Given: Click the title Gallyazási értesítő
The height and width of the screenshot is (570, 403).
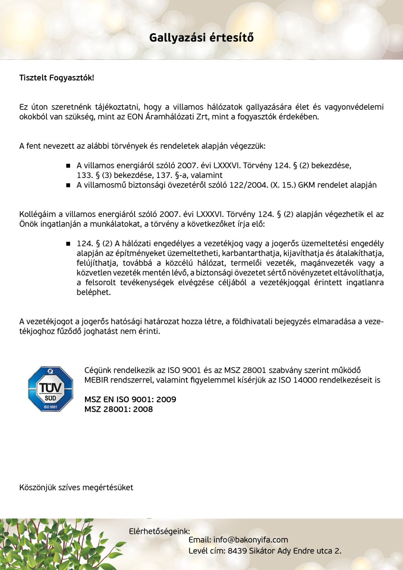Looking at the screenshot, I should (201, 38).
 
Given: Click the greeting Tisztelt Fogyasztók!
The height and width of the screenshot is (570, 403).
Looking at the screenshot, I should (57, 78).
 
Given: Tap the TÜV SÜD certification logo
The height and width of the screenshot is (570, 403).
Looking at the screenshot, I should (50, 389).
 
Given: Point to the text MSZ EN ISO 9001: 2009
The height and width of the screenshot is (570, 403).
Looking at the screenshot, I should (130, 400).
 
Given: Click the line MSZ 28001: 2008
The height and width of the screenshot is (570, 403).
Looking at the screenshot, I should (118, 409).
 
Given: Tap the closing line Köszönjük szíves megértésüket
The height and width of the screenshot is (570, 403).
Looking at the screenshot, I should (76, 488).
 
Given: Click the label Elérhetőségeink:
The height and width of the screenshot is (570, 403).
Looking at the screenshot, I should (159, 531).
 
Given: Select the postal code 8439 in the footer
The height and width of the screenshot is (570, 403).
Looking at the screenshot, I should (237, 551).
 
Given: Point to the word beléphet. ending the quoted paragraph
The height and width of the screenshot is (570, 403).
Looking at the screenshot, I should (94, 292).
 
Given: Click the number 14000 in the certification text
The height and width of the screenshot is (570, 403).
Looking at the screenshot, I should (305, 380).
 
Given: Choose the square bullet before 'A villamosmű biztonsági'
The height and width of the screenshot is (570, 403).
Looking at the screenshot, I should (68, 185).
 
